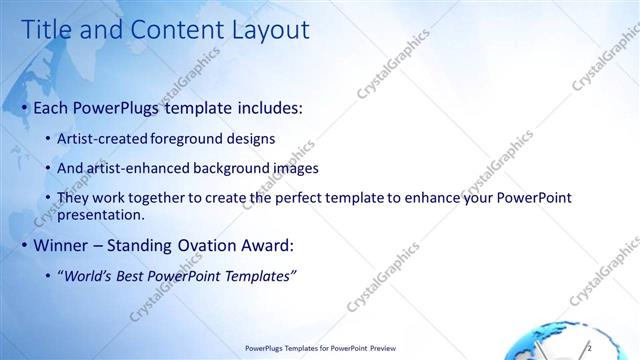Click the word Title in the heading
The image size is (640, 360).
pyautogui.click(x=47, y=31)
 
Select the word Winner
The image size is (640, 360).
pyautogui.click(x=62, y=244)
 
